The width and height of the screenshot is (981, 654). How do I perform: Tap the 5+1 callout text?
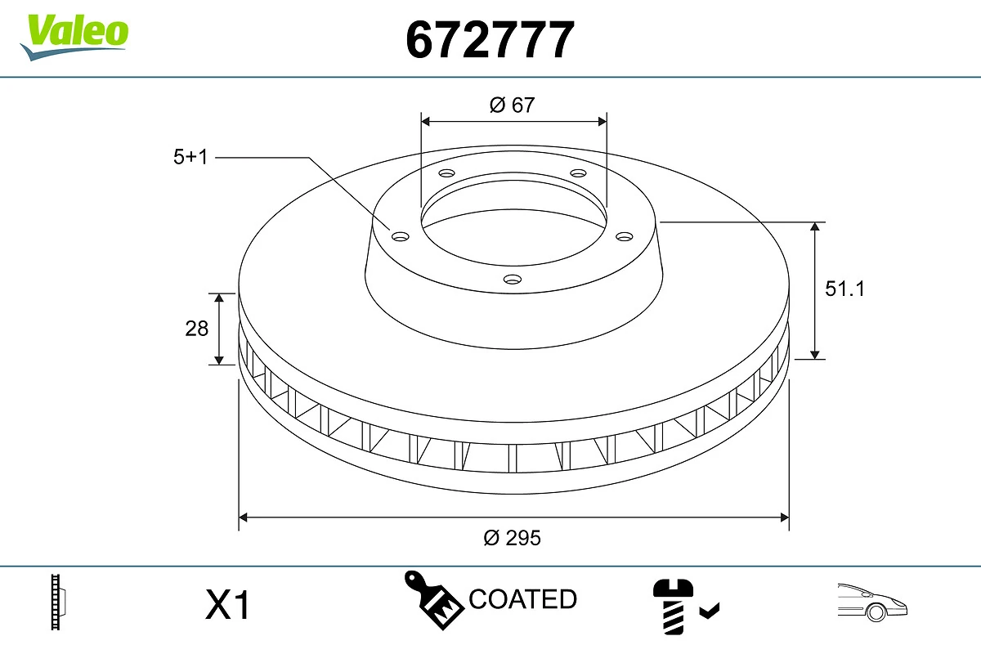coord(191,157)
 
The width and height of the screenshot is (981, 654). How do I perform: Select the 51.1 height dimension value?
coord(844,289)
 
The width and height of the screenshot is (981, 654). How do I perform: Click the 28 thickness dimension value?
coord(197,328)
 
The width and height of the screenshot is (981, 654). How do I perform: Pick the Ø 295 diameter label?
coord(513,538)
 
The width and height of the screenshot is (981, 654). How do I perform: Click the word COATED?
coord(522,599)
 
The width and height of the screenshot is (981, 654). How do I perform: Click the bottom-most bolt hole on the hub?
coord(512,280)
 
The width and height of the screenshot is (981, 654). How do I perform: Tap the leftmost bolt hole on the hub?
coord(400,237)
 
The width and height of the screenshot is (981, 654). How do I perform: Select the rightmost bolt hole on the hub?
coord(625,236)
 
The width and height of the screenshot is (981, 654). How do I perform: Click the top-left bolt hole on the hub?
coord(446,173)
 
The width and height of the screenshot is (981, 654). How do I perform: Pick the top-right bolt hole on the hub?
coord(579,173)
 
